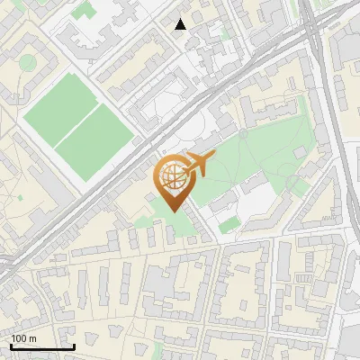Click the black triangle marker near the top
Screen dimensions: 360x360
point(181,24)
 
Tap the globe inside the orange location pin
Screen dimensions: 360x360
point(171,176)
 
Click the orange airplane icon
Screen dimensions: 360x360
point(199,165)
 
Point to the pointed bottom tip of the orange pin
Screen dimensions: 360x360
point(171,211)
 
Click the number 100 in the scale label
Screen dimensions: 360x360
point(19,338)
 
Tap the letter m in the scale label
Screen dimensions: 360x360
point(33,338)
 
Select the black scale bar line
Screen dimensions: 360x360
point(42,347)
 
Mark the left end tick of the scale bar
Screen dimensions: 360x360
point(11,346)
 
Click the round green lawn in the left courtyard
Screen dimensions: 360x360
point(28,62)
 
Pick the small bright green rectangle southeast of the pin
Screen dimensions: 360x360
point(229,223)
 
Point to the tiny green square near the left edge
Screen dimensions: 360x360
point(19,196)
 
